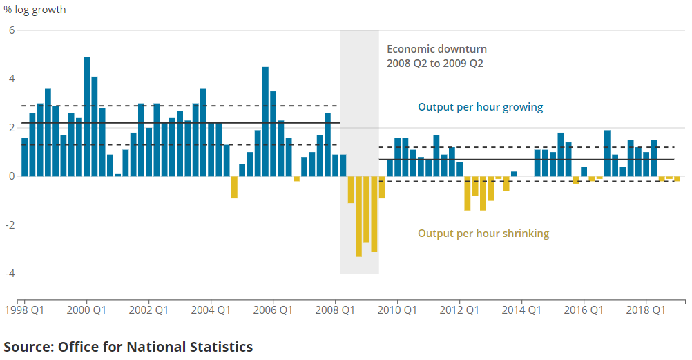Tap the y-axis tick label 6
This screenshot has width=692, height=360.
(12, 30)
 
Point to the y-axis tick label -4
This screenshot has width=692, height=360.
(10, 274)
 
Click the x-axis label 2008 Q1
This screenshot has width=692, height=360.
(336, 310)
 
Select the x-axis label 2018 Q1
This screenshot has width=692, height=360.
(646, 310)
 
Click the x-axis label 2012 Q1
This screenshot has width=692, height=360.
(460, 310)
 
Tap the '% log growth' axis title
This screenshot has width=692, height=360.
(35, 10)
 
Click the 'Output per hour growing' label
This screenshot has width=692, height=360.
(480, 107)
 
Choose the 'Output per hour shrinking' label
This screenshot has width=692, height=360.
(483, 234)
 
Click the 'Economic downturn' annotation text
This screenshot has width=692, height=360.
(436, 49)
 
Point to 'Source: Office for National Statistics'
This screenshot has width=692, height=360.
(128, 347)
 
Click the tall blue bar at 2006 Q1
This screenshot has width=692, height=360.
(266, 121)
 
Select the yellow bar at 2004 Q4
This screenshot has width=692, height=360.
(235, 187)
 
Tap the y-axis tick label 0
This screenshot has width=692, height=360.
(12, 176)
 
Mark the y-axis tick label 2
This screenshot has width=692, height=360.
(12, 128)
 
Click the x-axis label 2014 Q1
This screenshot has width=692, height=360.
(522, 310)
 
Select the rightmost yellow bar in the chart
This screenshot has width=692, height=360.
(677, 178)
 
